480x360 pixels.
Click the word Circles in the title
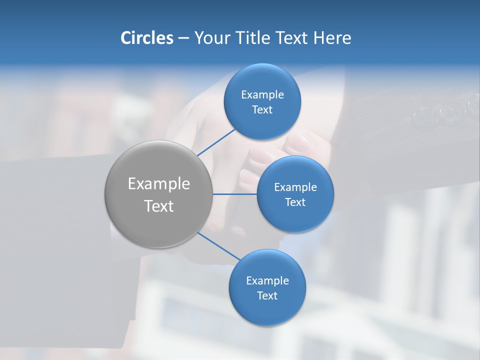(x=146, y=38)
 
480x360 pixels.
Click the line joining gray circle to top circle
(x=216, y=141)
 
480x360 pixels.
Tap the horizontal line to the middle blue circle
(x=234, y=194)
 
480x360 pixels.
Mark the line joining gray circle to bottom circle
(x=219, y=245)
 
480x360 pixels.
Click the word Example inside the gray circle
(x=158, y=183)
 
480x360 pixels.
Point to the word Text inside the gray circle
(x=158, y=205)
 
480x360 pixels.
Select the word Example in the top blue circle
(x=262, y=94)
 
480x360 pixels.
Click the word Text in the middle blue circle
(x=295, y=202)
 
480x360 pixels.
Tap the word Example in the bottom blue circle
(x=267, y=280)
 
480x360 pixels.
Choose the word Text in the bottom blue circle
(x=267, y=295)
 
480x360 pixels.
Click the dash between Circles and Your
(x=183, y=38)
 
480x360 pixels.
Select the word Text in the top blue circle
(x=262, y=109)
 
